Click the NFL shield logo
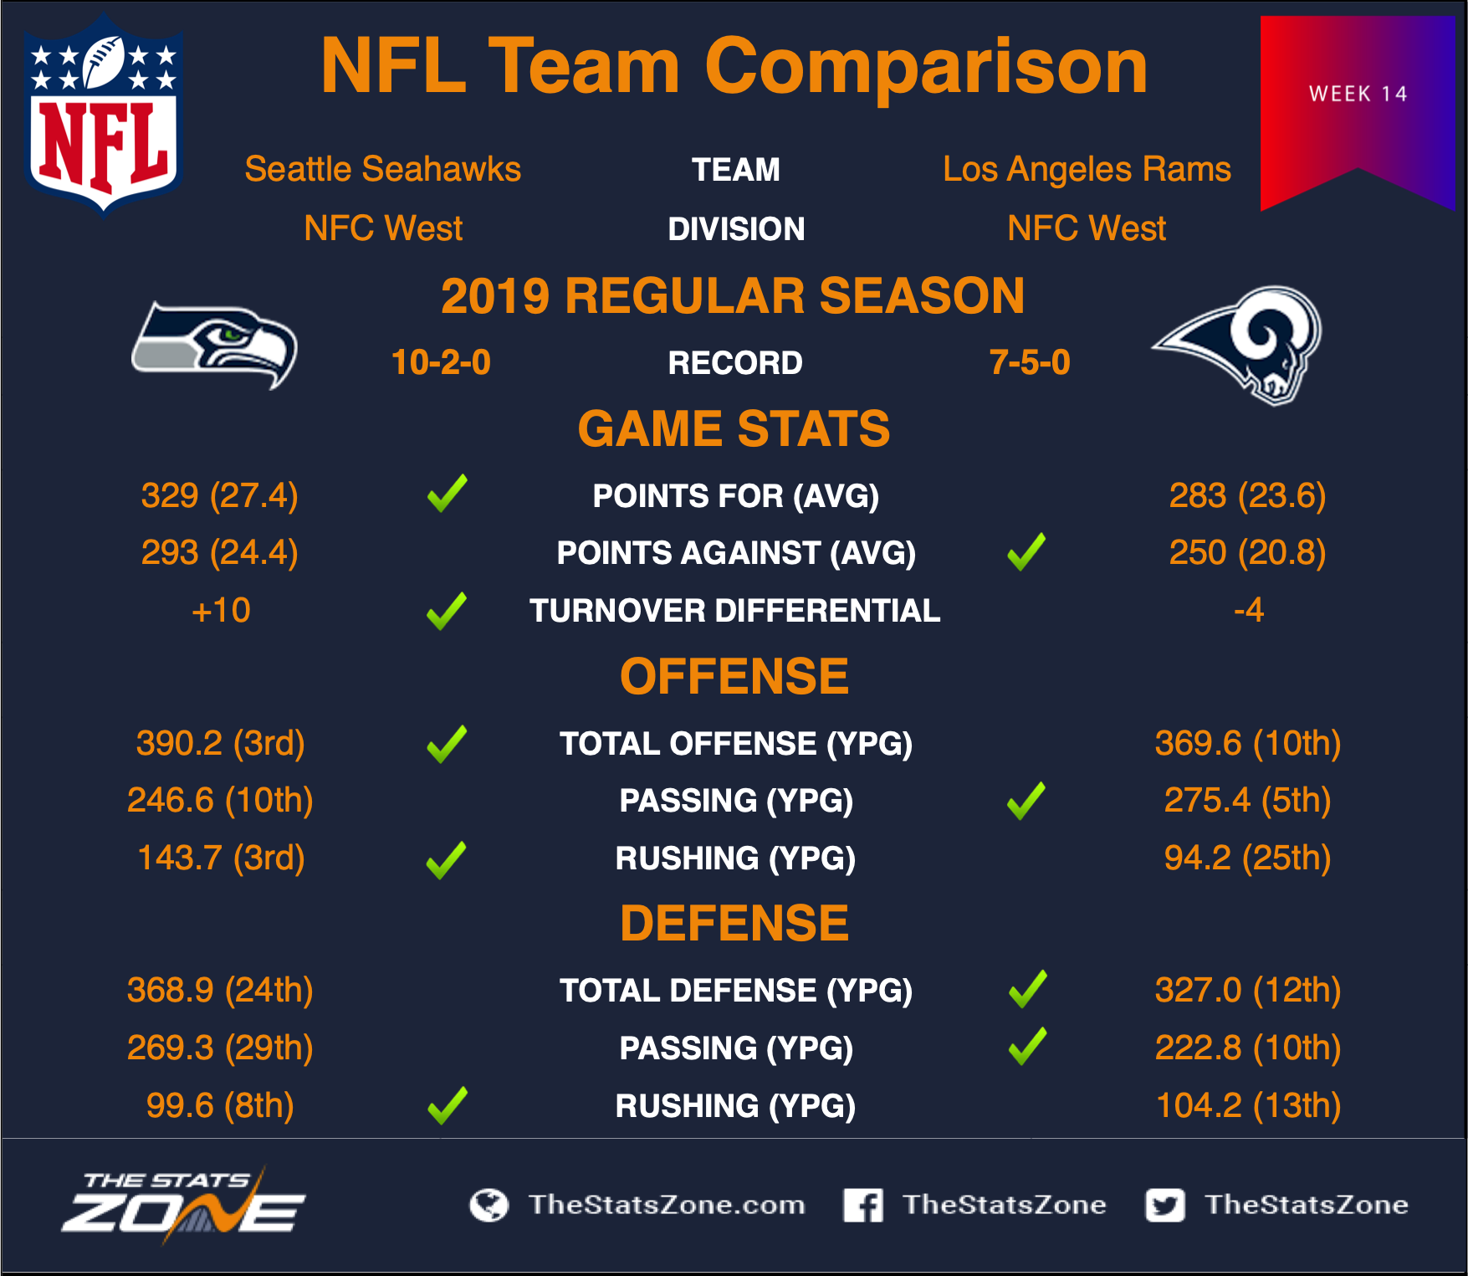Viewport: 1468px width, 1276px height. pos(103,115)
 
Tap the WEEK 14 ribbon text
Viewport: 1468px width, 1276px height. pos(1358,94)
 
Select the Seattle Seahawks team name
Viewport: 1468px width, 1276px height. pos(382,169)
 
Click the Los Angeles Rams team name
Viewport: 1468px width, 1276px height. pos(1087,170)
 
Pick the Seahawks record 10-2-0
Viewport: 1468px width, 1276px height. pos(441,362)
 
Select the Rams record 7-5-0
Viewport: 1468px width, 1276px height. pos(1030,362)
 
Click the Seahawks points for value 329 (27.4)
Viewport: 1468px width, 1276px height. pos(220,495)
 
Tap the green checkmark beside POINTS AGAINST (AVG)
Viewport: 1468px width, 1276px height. pos(1026,551)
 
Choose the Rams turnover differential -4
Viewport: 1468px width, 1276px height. pos(1248,610)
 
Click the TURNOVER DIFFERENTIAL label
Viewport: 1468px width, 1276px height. pos(735,611)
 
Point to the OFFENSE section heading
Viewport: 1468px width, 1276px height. pos(734,676)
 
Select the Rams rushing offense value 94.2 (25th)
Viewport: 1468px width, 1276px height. pos(1247,858)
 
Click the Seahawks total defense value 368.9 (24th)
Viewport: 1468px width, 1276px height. pos(220,990)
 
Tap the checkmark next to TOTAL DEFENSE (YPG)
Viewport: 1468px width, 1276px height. pos(1027,989)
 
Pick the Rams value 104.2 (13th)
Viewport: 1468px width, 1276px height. pos(1248,1105)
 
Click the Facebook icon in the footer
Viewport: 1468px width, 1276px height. pos(863,1205)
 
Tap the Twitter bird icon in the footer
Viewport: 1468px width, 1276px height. pos(1165,1205)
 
